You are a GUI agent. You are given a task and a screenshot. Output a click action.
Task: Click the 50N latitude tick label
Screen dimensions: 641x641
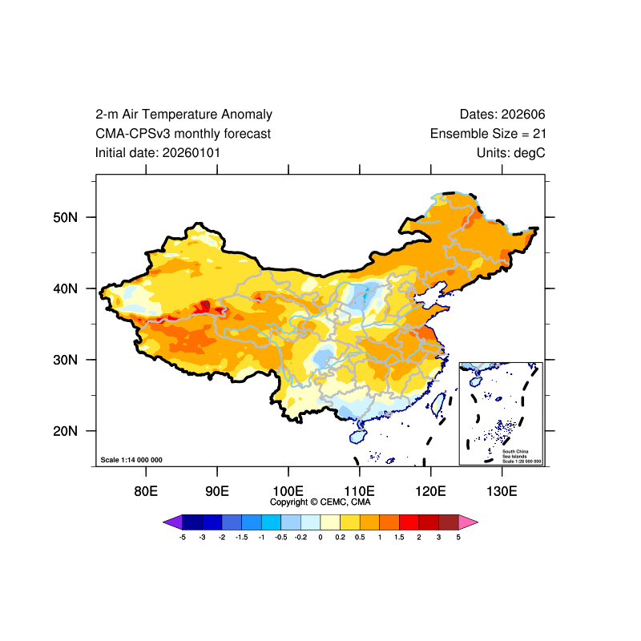point(66,217)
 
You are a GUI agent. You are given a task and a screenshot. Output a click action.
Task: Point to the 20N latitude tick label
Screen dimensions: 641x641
point(66,431)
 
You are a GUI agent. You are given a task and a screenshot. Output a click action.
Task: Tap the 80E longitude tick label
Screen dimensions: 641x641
point(145,490)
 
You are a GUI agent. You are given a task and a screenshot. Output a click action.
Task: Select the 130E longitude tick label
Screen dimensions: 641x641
point(502,490)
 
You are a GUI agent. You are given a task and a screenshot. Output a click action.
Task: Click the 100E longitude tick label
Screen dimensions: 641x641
point(288,490)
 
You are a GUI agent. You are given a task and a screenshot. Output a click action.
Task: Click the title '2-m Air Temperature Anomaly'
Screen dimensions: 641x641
point(183,115)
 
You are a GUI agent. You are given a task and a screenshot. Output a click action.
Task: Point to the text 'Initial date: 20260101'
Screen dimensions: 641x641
point(158,152)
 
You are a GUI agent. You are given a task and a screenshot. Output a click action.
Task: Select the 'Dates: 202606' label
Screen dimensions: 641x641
point(502,115)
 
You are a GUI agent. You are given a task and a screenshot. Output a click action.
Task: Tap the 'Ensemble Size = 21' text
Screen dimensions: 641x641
point(488,134)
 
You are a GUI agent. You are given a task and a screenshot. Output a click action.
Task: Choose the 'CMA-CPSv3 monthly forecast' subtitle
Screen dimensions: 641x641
point(183,134)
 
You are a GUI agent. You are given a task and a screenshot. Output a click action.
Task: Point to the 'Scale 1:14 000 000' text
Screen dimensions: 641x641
point(131,460)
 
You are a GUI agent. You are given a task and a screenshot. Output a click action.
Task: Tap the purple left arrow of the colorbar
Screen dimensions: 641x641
point(172,522)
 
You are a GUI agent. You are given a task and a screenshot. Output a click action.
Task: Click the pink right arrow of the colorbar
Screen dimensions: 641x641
point(469,522)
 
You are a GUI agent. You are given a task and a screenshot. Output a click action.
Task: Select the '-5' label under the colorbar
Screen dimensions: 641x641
point(183,537)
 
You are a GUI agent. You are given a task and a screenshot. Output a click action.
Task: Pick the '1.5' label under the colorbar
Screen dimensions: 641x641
point(399,537)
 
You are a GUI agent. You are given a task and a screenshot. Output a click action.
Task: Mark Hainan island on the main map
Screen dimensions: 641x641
point(357,436)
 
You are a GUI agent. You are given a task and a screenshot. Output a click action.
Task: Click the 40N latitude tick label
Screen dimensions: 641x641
point(66,288)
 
